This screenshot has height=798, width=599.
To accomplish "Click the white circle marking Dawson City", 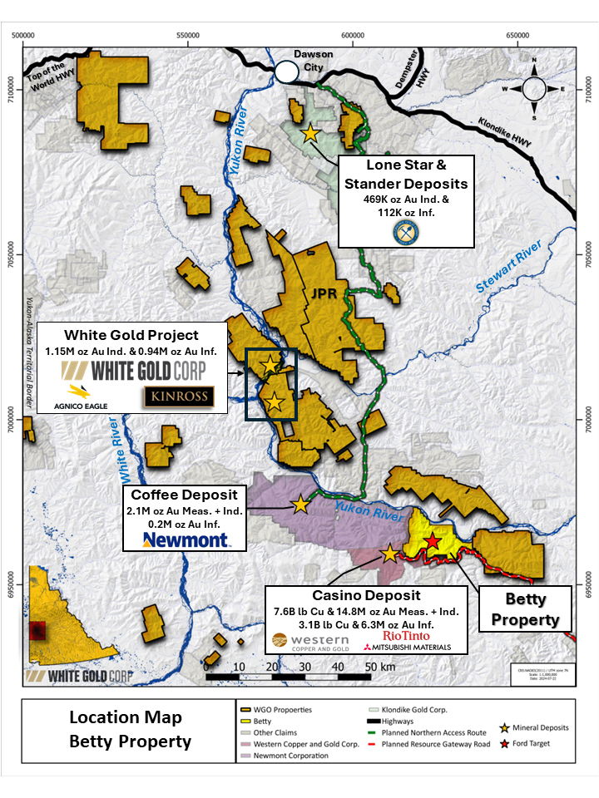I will click(285, 71).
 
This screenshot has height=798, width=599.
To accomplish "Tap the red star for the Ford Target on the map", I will click(433, 541).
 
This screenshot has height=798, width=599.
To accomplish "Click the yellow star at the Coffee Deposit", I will click(299, 505).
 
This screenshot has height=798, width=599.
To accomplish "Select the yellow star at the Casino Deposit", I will click(389, 554).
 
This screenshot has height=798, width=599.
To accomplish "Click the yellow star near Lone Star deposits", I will click(309, 133).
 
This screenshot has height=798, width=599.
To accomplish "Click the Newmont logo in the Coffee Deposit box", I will click(186, 541).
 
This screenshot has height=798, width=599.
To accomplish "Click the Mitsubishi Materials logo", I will click(407, 648).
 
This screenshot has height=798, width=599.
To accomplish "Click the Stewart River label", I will click(507, 275).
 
